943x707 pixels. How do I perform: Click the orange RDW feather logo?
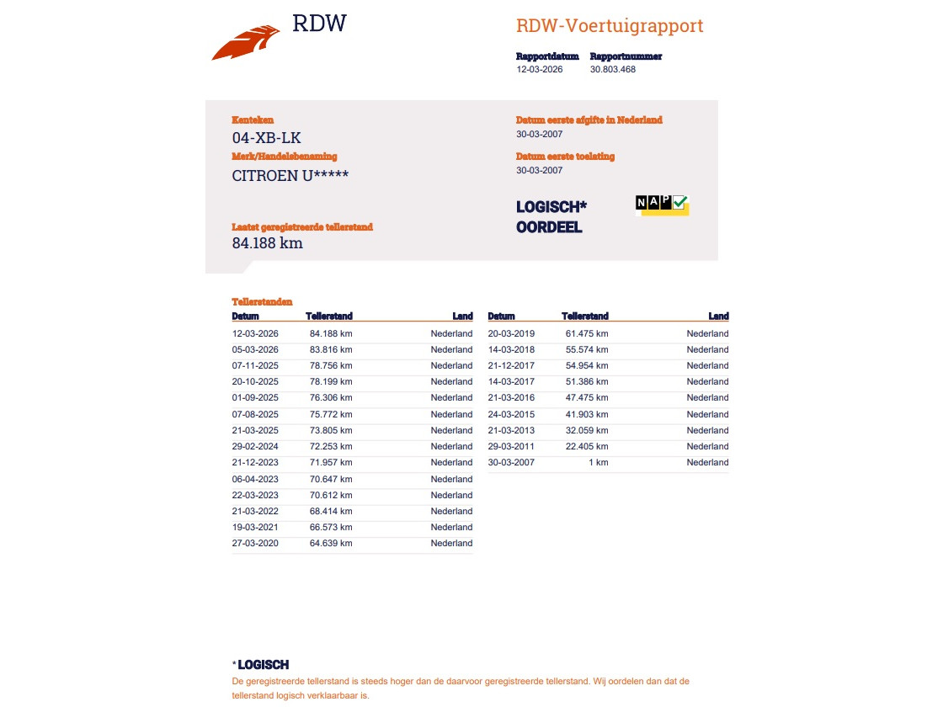(246, 43)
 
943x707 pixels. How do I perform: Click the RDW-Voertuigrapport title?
(610, 26)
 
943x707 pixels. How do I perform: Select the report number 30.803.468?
(613, 70)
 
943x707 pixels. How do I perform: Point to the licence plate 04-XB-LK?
(266, 138)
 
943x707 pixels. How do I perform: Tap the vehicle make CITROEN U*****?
(290, 176)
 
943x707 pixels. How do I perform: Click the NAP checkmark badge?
(662, 204)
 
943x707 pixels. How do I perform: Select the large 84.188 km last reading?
(267, 243)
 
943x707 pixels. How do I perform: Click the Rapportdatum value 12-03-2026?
(540, 70)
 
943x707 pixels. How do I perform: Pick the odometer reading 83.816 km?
(331, 349)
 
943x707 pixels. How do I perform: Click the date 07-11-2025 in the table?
(255, 365)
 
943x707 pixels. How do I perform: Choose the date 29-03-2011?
(511, 446)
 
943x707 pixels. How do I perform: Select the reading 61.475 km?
(587, 333)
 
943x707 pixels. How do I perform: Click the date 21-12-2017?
(511, 365)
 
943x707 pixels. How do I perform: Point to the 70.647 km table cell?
(331, 479)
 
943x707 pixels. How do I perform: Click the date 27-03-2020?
(255, 543)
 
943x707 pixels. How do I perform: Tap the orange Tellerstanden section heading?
(263, 301)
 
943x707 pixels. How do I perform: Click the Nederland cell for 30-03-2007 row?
(707, 462)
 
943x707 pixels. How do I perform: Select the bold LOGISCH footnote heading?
(264, 665)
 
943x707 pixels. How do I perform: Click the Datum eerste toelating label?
(565, 157)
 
